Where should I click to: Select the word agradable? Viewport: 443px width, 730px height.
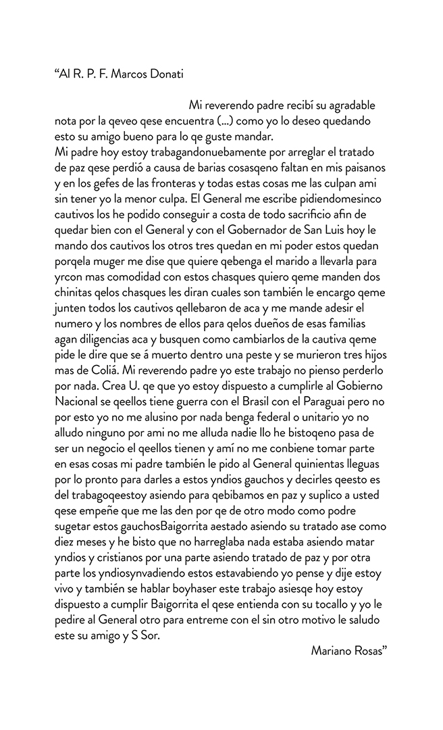pyautogui.click(x=347, y=107)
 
